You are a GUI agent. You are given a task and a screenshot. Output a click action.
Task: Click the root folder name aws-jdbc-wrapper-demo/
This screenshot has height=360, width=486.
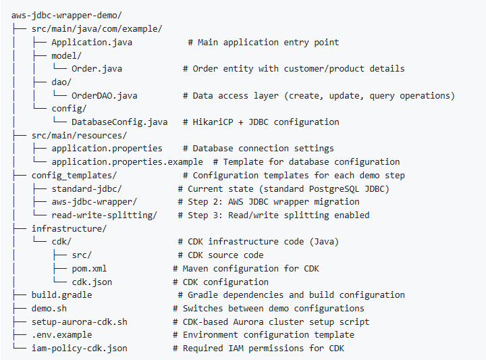point(66,15)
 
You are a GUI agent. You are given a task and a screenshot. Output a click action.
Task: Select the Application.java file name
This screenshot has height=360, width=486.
point(91,42)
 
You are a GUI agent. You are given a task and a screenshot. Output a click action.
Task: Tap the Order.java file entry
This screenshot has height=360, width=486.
point(97,68)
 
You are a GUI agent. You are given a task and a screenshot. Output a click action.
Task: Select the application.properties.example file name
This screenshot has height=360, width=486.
point(127,161)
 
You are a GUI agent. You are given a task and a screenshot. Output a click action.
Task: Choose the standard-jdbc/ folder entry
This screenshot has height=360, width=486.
point(86,188)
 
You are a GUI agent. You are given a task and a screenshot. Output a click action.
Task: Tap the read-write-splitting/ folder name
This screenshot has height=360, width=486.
point(104,215)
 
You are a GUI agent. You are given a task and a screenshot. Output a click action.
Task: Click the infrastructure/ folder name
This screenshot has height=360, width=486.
point(69,228)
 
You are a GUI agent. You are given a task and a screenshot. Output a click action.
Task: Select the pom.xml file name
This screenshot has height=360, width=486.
point(89,268)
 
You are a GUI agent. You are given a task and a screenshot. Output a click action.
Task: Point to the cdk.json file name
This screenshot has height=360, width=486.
point(91,282)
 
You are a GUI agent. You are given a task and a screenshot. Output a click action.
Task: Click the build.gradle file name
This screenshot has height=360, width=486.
point(61,294)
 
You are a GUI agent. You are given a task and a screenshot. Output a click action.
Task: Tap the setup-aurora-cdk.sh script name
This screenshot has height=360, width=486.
point(79,322)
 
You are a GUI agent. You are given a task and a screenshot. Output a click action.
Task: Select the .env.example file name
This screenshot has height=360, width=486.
point(61,335)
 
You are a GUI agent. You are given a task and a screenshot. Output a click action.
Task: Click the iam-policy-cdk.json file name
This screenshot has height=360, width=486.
point(79,348)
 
